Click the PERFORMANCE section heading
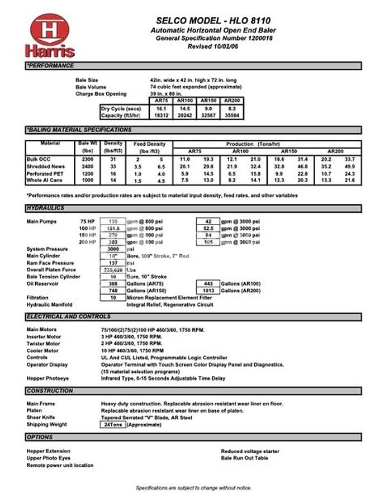pos(50,66)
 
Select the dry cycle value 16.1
pos(161,108)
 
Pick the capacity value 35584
pos(230,116)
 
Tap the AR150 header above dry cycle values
pos(207,101)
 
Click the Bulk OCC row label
pos(39,159)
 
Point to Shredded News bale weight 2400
pos(87,167)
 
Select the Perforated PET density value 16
pos(113,173)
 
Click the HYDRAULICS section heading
pos(45,208)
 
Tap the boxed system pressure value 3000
pos(113,249)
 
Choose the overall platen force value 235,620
pos(113,270)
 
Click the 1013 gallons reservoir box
pos(208,291)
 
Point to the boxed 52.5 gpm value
pos(208,229)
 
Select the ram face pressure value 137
pos(113,263)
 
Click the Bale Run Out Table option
pos(244,458)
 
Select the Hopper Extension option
pos(49,451)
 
